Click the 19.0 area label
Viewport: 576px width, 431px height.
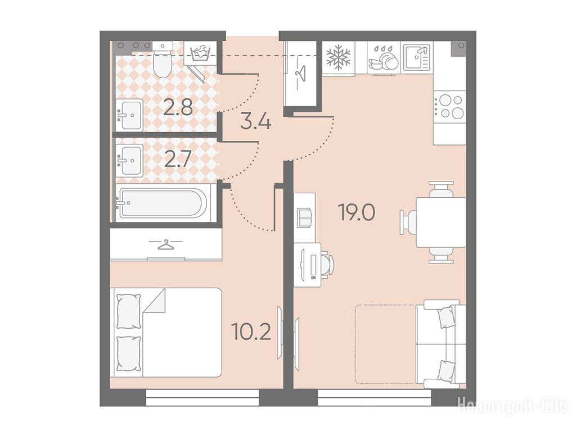pos(356,213)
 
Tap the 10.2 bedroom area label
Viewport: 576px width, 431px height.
pos(251,332)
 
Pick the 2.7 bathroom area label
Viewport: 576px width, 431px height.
pos(178,160)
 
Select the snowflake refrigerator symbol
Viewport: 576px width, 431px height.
pos(338,57)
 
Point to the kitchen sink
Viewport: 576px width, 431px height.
pos(417,57)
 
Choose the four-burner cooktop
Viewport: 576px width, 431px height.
pos(449,106)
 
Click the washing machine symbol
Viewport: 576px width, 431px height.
pos(200,53)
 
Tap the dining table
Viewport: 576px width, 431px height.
pos(441,222)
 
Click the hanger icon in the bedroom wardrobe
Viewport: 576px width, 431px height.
pos(166,245)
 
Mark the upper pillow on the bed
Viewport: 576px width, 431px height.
pos(128,311)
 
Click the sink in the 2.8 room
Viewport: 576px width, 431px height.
pos(130,115)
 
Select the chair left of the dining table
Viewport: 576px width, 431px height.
pos(408,222)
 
